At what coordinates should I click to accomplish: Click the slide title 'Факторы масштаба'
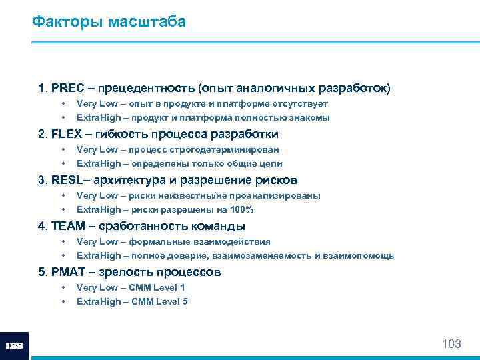pos(109,22)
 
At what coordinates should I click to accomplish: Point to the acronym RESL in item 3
pos(67,180)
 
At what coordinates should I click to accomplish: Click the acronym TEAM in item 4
pos(68,226)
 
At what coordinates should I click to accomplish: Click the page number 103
pos(451,344)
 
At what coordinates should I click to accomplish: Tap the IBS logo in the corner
pos(14,346)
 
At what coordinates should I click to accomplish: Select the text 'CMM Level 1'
pos(158,287)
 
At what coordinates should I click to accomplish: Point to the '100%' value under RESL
pos(241,209)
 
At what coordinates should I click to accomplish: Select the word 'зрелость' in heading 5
pos(125,272)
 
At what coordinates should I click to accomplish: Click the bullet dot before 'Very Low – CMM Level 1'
pos(63,287)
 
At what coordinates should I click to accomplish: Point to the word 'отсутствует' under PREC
pos(300,103)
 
